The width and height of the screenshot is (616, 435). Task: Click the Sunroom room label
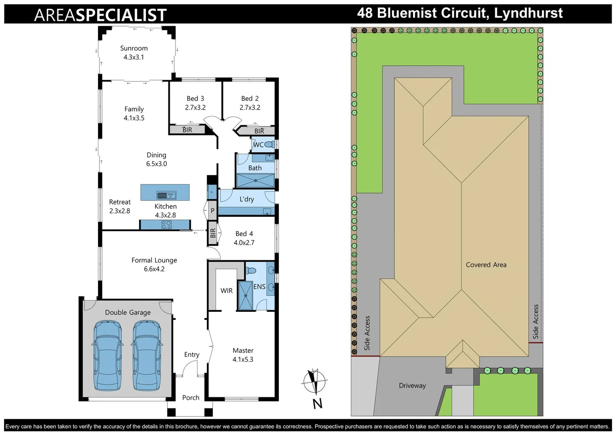(x=134, y=48)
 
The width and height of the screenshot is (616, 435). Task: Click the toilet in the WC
(x=269, y=145)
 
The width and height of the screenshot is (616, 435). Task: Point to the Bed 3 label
(x=195, y=99)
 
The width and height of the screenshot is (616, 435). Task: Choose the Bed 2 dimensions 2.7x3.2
(x=250, y=108)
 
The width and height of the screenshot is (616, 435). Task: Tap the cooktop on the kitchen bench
(x=166, y=225)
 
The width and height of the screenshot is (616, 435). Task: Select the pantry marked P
(x=212, y=211)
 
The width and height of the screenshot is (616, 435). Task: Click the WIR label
(x=226, y=290)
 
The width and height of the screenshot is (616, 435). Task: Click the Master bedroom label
(x=243, y=351)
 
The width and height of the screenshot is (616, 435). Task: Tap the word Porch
(x=191, y=398)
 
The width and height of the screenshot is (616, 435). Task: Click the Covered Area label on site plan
(x=486, y=265)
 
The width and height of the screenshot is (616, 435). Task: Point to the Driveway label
(x=412, y=385)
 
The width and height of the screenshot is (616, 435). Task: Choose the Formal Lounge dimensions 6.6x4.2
(x=154, y=269)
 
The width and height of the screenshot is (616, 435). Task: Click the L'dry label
(x=246, y=199)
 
